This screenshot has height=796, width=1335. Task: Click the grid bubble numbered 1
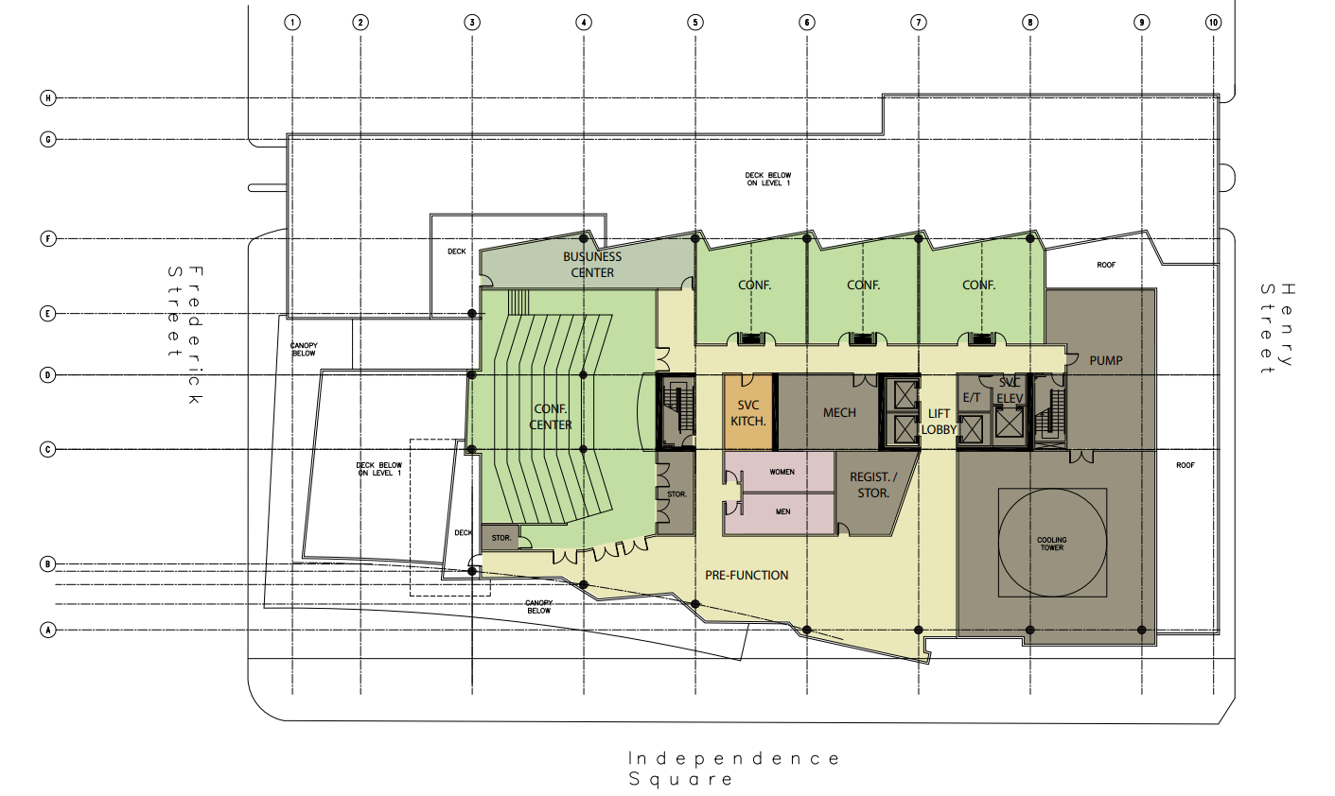coord(293,22)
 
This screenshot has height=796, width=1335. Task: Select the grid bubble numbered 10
coord(1213,22)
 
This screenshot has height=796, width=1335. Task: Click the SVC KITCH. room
coord(748,412)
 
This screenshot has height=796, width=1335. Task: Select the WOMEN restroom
coord(781,472)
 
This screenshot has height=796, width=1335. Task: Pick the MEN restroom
coord(782,512)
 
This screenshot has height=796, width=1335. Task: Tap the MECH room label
coord(839,413)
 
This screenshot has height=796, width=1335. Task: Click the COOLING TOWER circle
coord(1052,543)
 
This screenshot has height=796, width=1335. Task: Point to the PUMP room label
coord(1105,360)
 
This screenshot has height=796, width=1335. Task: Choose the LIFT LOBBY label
coord(939,422)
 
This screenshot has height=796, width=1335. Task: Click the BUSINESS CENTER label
coord(592,265)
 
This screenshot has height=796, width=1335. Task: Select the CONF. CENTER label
coord(551,417)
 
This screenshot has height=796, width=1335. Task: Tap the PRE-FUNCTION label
coord(747,575)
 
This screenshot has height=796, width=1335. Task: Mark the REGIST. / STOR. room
coord(872,485)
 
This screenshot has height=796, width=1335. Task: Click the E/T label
coord(972,398)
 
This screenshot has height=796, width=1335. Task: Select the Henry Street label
coord(1276,328)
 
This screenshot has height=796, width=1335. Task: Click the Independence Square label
coord(734,769)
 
